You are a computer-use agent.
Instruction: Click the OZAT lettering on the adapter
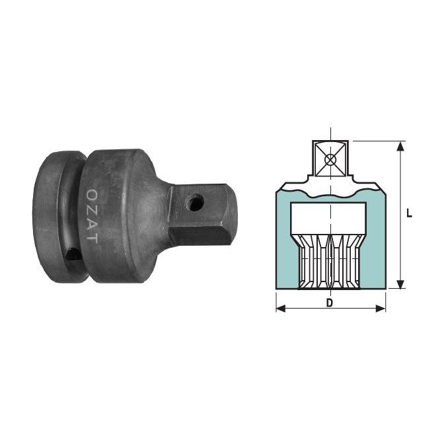(x=92, y=215)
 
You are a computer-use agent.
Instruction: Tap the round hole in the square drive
(x=195, y=202)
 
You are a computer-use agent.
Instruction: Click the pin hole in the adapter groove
(x=73, y=254)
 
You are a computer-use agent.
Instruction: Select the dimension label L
(x=409, y=213)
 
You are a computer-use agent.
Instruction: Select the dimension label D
(x=330, y=303)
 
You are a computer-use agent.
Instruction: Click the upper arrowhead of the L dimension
(x=400, y=146)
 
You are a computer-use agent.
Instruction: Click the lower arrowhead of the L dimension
(x=400, y=284)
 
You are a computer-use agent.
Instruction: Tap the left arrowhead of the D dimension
(x=281, y=309)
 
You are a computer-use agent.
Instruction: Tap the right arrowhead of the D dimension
(x=381, y=309)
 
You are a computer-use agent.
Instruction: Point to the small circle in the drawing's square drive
(x=330, y=160)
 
